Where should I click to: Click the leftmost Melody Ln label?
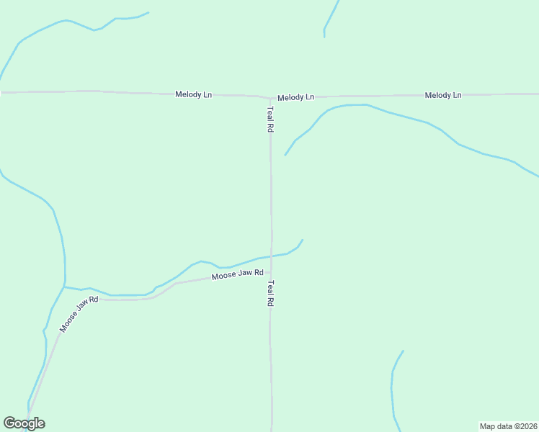click(194, 94)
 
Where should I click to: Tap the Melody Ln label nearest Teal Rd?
click(296, 96)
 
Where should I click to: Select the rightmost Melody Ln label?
click(443, 95)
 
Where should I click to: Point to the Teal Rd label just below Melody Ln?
click(271, 119)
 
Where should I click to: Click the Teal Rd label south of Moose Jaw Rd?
click(271, 294)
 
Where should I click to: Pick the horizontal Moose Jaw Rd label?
click(238, 274)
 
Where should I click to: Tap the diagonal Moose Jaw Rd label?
click(79, 314)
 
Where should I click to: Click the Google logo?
click(24, 423)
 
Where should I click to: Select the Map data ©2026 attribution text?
click(509, 426)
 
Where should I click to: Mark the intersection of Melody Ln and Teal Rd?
click(271, 97)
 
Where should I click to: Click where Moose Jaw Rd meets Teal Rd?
click(271, 272)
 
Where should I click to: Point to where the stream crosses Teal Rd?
click(271, 256)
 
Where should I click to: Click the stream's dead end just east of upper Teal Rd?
click(285, 155)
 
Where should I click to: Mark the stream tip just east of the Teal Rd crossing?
click(302, 240)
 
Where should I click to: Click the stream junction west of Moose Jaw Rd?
click(64, 287)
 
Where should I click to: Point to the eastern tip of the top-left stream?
click(148, 12)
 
